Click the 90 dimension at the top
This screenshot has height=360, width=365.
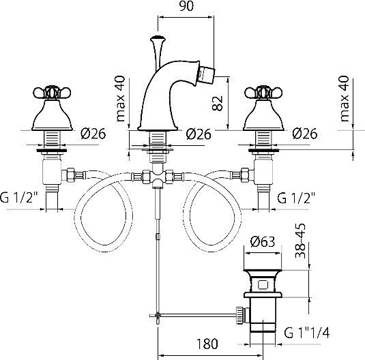186,6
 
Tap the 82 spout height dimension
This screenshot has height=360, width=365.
218,103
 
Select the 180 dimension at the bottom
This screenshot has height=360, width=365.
207,344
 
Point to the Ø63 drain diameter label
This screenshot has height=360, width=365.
263,241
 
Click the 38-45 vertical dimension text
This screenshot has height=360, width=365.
300,241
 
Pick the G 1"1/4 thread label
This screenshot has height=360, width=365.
307,333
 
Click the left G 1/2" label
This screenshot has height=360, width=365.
19,198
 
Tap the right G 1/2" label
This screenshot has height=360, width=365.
296,198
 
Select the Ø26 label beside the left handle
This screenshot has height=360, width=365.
93,134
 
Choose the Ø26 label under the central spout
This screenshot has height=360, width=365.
199,134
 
